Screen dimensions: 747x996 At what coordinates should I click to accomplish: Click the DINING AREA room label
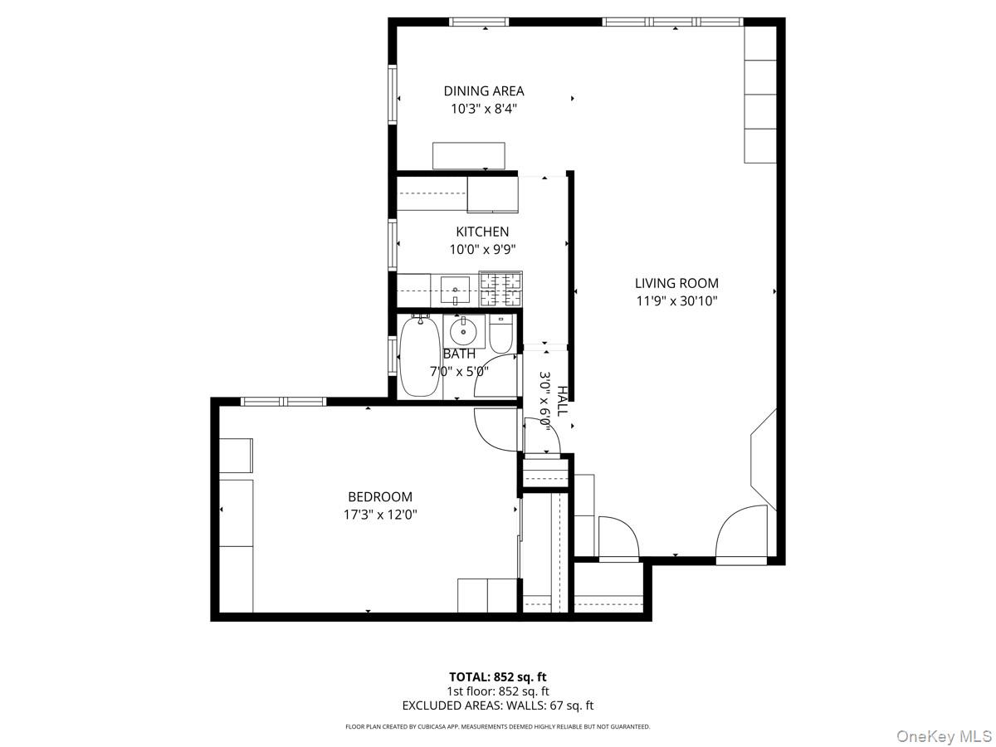point(484,91)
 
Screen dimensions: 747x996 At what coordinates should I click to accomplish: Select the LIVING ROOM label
point(676,283)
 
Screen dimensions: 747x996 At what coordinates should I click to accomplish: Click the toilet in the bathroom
point(501,334)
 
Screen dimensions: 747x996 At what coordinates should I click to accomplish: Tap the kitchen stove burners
point(501,290)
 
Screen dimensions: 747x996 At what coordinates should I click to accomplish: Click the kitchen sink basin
point(455,290)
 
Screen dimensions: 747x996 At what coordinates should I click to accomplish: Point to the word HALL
point(563,401)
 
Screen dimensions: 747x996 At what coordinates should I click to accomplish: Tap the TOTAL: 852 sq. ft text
point(498,677)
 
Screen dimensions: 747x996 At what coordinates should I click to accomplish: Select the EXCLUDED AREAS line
point(498,705)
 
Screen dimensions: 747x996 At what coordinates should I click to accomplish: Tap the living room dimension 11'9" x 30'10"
point(676,301)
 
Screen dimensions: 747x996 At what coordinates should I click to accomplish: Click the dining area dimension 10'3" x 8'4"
point(484,109)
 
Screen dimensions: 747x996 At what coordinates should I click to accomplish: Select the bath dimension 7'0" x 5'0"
point(459,371)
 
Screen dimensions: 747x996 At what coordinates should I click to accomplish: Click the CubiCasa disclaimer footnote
point(498,727)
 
